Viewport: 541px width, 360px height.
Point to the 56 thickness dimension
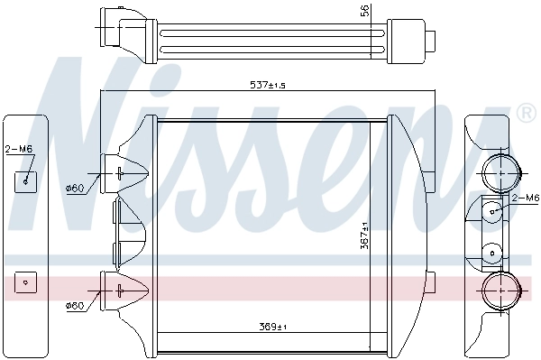pos(365,11)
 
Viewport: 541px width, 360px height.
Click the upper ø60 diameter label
pos(75,188)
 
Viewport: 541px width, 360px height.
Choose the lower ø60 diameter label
pos(75,306)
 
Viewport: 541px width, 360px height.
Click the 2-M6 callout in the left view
pos(17,149)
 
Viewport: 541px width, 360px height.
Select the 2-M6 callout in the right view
pos(525,198)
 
